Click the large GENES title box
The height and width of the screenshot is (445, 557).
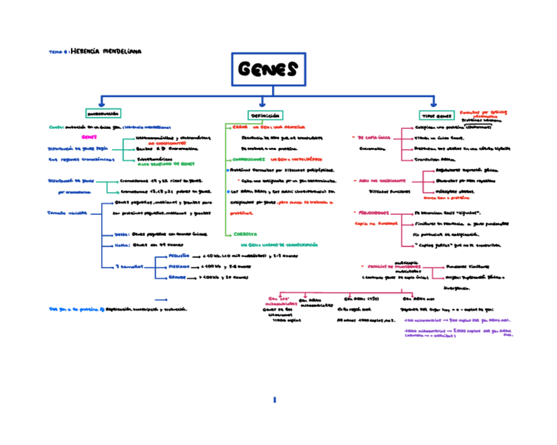(267, 69)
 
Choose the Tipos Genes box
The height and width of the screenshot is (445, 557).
(436, 114)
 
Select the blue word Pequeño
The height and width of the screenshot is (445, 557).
(178, 255)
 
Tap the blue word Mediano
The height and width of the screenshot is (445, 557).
(178, 266)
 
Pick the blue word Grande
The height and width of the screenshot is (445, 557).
(177, 277)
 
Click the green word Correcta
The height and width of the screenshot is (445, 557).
(244, 233)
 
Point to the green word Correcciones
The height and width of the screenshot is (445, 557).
(249, 159)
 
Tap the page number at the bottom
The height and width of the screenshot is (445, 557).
(275, 399)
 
